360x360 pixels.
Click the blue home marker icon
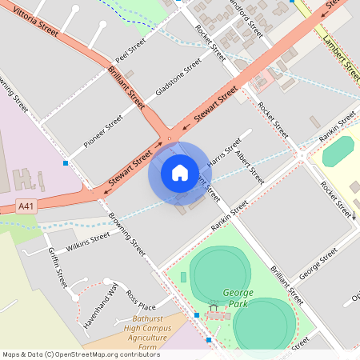(179, 172)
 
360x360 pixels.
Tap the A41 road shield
(27, 206)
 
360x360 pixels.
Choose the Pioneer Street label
(104, 130)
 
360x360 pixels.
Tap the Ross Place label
(141, 299)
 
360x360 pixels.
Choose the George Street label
(318, 265)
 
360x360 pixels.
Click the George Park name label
(238, 298)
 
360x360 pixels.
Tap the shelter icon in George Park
(214, 306)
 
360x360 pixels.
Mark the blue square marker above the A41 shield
(65, 163)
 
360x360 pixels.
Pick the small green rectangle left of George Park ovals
(183, 277)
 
